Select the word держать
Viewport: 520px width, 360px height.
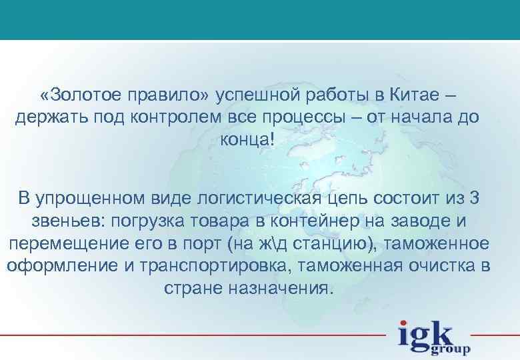pyautogui.click(x=49, y=118)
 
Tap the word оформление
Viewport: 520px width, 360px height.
pyautogui.click(x=61, y=266)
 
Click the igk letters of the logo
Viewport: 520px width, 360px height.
pyautogui.click(x=427, y=333)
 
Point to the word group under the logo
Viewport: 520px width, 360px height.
pyautogui.click(x=451, y=347)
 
